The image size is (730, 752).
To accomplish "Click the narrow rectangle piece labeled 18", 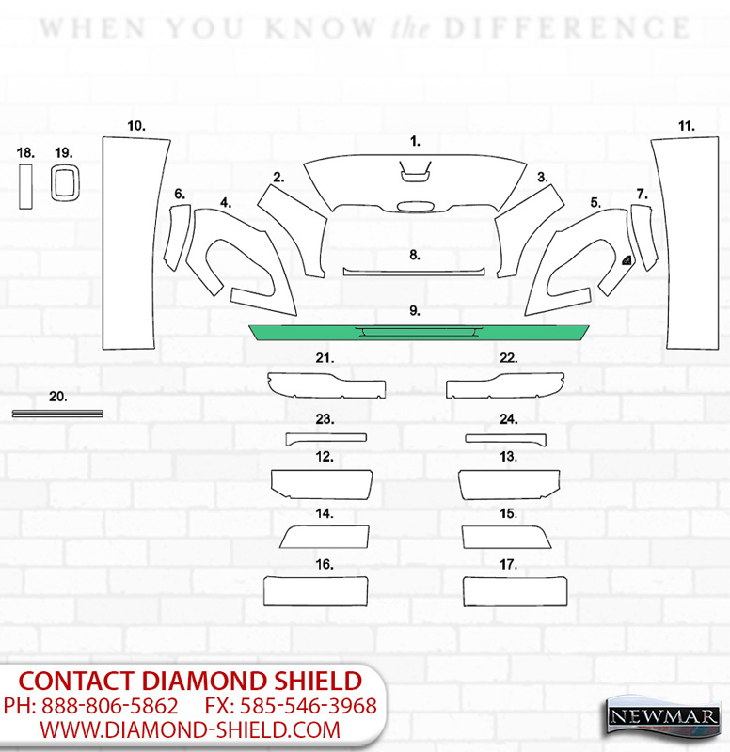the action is point(26,187).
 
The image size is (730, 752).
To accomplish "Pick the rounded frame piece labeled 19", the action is point(53,182).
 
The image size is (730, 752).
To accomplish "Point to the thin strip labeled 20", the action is point(57,414).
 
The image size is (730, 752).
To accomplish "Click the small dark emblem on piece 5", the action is point(627,260).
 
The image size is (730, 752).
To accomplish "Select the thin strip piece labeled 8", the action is point(414,273).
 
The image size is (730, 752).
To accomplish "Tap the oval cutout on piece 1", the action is point(416,206).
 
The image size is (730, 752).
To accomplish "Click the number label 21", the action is point(325,358).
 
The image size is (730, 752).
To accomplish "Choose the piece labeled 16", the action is point(316,591).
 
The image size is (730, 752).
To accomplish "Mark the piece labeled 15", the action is point(506,537).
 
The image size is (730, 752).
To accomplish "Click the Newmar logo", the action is point(664,716).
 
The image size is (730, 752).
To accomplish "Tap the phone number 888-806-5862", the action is point(109,706).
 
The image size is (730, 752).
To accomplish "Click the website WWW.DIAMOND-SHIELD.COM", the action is point(190,730).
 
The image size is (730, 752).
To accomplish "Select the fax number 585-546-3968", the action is point(309,706).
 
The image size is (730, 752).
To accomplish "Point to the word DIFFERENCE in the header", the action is point(567,28).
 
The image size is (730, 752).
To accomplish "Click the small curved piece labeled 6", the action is point(177,238).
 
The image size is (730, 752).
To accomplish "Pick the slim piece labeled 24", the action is point(506,439).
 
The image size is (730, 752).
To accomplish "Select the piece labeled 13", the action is point(509,484).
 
